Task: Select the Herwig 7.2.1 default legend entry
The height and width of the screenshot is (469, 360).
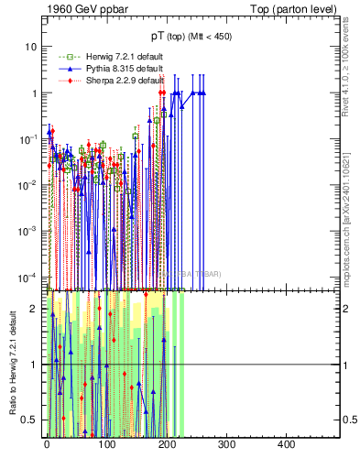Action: pos(105,57)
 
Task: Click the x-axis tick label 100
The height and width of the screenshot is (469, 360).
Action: pos(106,445)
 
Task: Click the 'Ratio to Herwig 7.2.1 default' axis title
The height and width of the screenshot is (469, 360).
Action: pos(13,364)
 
